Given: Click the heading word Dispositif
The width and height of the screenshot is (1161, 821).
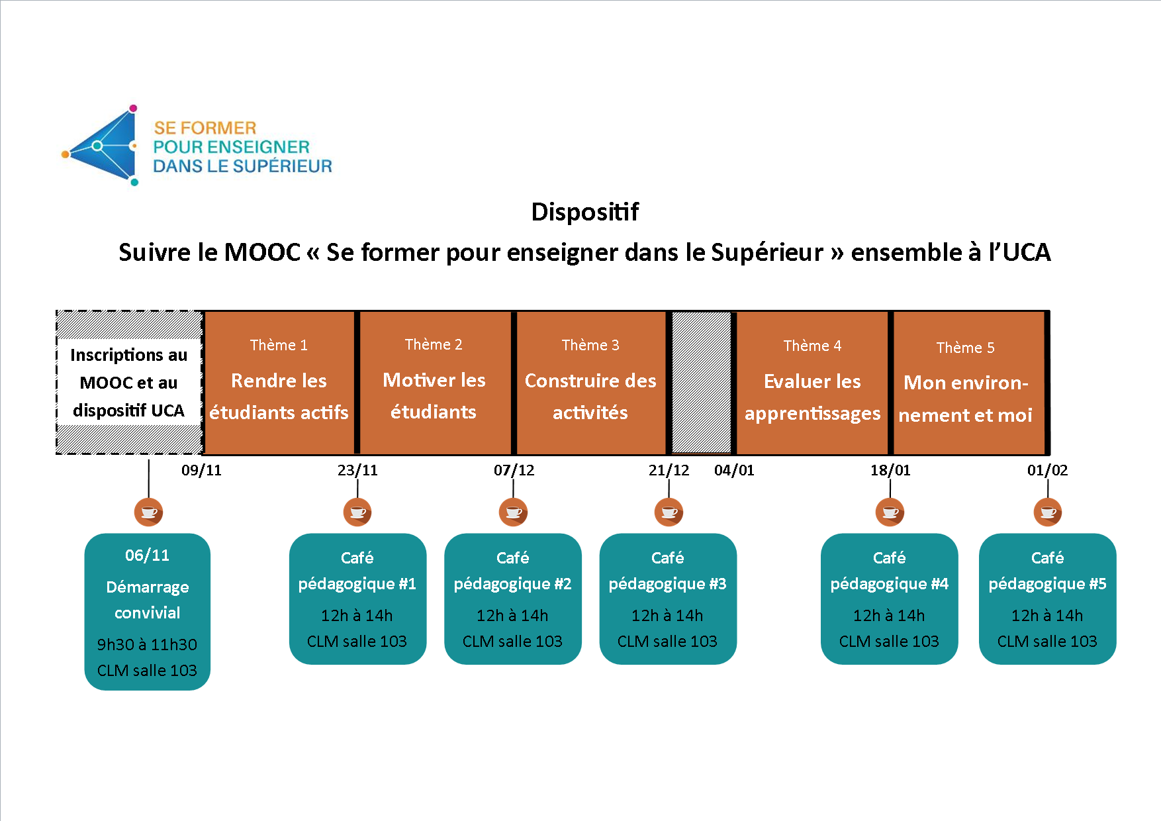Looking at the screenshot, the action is tap(585, 212).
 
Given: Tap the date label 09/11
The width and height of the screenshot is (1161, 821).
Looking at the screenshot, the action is tap(201, 470).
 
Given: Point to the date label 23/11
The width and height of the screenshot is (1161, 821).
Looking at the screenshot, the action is tap(357, 470).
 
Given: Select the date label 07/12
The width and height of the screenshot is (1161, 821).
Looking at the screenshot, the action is tap(514, 470).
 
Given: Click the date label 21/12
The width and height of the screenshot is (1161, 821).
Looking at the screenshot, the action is tap(669, 470).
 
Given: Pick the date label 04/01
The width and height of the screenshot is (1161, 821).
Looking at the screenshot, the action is tap(734, 470).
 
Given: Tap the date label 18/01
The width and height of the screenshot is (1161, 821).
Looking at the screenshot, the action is tap(890, 470).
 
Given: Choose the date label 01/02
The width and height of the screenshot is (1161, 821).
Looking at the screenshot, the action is tap(1047, 470).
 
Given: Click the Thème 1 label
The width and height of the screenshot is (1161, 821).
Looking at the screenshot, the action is tap(279, 345).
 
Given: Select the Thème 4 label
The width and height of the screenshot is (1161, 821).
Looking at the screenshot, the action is tap(812, 346).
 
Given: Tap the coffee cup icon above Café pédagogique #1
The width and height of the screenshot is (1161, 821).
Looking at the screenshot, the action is tap(357, 512).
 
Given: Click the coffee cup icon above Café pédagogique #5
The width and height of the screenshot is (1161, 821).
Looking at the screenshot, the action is tap(1048, 512).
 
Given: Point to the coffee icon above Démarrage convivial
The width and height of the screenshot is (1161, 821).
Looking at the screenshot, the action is tap(148, 512).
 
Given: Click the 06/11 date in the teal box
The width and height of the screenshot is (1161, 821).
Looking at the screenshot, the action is tap(148, 555).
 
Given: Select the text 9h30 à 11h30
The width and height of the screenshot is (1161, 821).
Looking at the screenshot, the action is tap(147, 644).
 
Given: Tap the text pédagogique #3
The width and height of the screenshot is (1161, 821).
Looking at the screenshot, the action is tap(667, 584).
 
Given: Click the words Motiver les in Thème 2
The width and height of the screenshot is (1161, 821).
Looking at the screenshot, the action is tap(434, 380).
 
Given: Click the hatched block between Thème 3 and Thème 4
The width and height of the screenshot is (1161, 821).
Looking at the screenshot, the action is tap(702, 383).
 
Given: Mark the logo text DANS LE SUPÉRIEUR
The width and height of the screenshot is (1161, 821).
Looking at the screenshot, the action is tap(243, 166).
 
